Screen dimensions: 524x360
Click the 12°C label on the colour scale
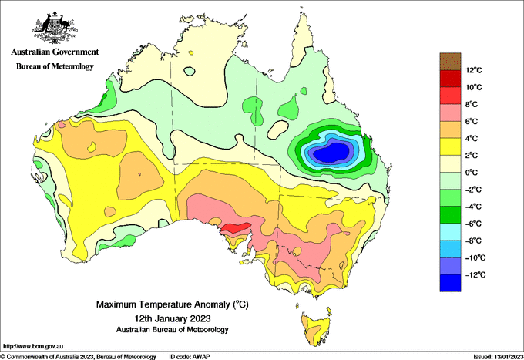474,70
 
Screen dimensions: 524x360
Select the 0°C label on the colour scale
472,173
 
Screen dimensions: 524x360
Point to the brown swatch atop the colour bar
450,61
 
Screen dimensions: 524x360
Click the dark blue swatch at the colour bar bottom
450,283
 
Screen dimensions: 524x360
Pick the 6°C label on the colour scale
472,121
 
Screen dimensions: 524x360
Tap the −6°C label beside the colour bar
473,224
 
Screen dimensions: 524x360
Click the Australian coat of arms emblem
55,28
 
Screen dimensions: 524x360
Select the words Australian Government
55,52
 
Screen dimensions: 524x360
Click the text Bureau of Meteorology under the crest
55,66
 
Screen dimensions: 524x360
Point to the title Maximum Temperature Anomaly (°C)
173,304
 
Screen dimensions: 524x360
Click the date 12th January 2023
173,318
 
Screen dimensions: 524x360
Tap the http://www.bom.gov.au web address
33,346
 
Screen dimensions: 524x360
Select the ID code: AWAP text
190,357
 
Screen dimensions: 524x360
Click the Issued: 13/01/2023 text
498,357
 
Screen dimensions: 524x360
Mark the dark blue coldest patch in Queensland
331,153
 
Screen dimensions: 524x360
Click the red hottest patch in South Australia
237,228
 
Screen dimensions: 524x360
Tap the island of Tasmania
316,329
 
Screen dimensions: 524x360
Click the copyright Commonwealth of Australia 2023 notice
79,357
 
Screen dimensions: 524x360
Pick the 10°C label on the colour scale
474,87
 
